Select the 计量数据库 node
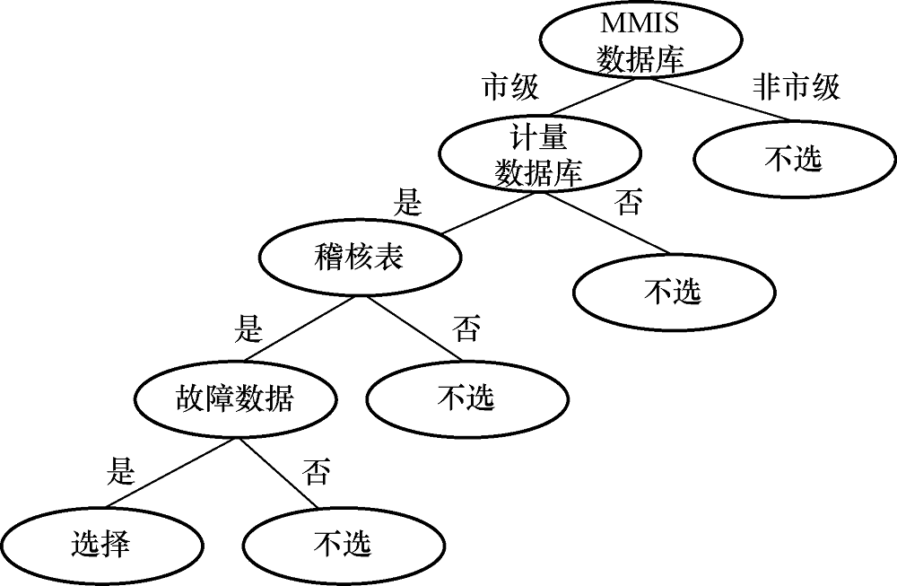coord(538,154)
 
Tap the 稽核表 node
coord(360,258)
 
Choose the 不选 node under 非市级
coord(793,160)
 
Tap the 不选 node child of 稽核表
coord(466,398)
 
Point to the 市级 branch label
coord(510,87)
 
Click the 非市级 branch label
coord(796,87)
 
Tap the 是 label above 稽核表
coord(407,203)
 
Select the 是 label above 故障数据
coord(248,329)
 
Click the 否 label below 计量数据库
coord(629,203)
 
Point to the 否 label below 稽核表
coord(466,329)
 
